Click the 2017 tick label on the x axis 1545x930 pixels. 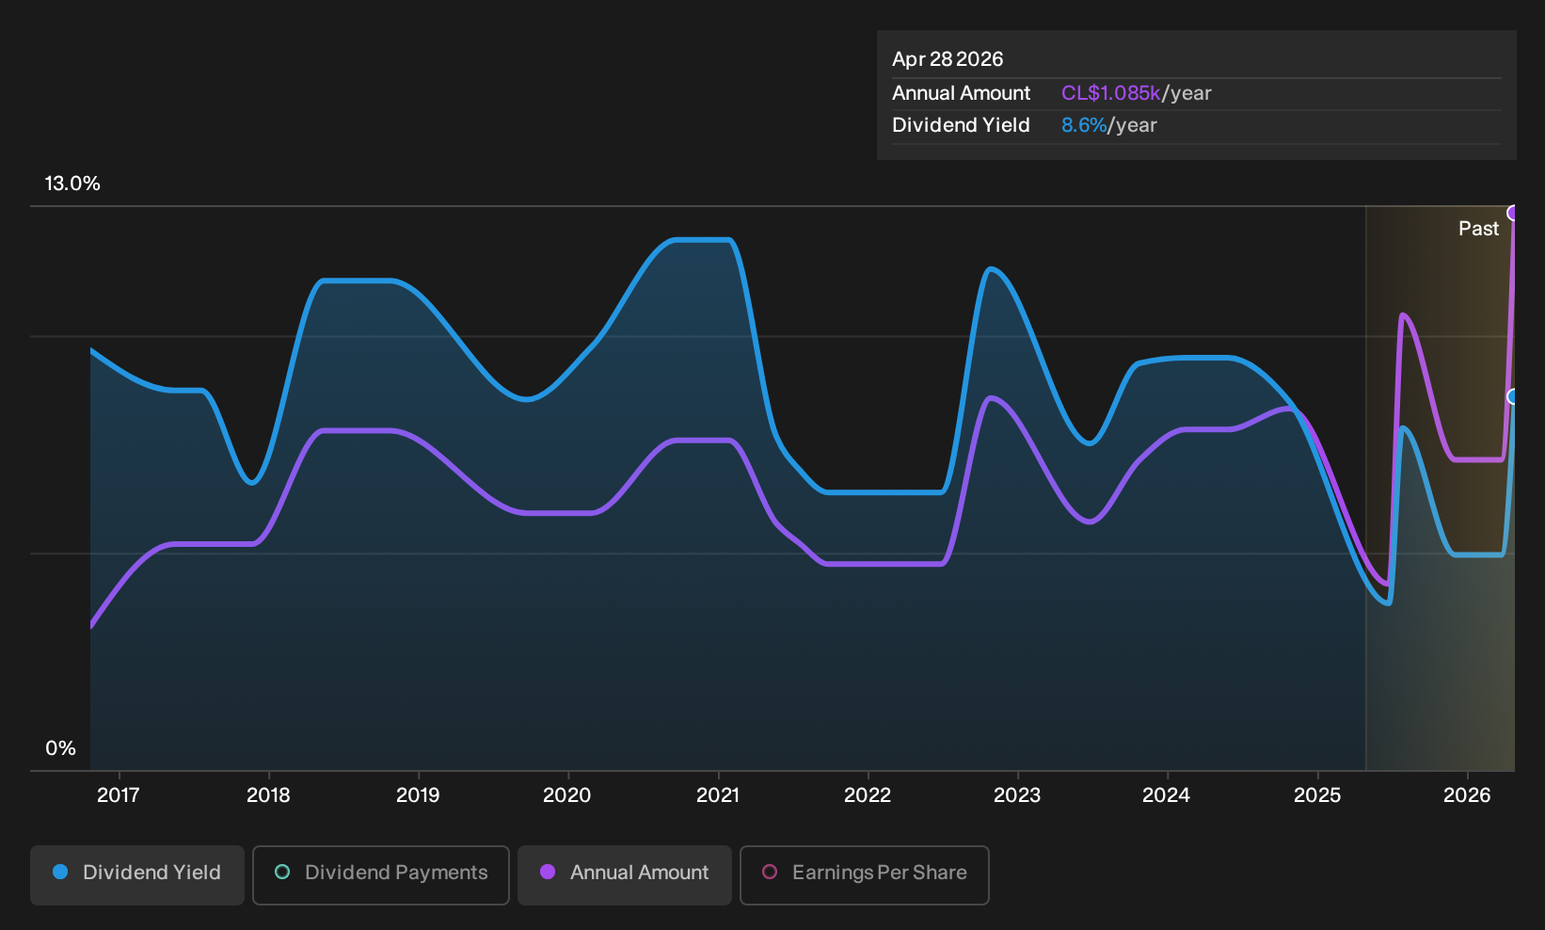point(118,795)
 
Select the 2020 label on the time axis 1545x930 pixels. point(567,795)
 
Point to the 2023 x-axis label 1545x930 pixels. point(1016,795)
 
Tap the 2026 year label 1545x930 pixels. point(1467,795)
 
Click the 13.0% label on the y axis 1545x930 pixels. point(72,184)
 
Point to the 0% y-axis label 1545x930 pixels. point(61,748)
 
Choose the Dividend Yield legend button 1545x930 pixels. point(137,874)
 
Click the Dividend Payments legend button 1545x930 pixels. point(381,874)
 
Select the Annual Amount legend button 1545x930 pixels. point(624,874)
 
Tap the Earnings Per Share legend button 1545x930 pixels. point(864,874)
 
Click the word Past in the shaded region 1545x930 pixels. point(1478,229)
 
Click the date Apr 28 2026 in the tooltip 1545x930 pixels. point(948,59)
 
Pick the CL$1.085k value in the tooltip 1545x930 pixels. point(1110,93)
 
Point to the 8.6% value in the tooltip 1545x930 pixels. point(1084,125)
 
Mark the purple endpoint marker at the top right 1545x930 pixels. point(1513,213)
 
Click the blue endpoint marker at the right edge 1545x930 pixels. point(1513,396)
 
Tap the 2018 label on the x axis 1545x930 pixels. point(268,795)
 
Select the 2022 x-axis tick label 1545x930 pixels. point(867,795)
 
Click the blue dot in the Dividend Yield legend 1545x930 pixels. point(61,872)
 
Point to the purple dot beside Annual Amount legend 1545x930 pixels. point(548,872)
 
